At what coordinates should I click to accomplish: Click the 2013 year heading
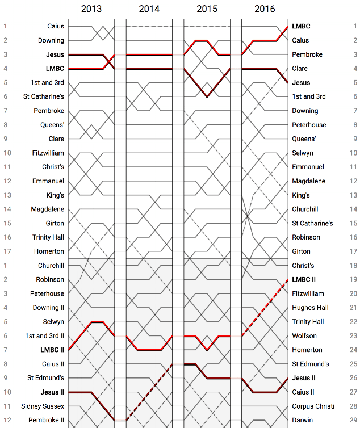(x=91, y=9)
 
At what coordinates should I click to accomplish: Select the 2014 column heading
(x=149, y=9)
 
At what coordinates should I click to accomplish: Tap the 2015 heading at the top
(x=207, y=9)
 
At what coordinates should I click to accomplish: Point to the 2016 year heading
(x=265, y=9)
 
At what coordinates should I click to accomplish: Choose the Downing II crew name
(x=48, y=308)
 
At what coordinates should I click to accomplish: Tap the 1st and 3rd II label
(x=44, y=335)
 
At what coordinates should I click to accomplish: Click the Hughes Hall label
(x=308, y=308)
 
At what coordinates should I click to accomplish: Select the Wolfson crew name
(x=304, y=335)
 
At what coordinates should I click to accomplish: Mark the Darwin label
(x=302, y=420)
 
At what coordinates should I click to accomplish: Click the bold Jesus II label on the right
(x=304, y=378)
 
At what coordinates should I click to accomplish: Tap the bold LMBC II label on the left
(x=52, y=350)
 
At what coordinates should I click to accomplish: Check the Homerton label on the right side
(x=307, y=350)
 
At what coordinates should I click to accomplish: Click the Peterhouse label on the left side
(x=47, y=293)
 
